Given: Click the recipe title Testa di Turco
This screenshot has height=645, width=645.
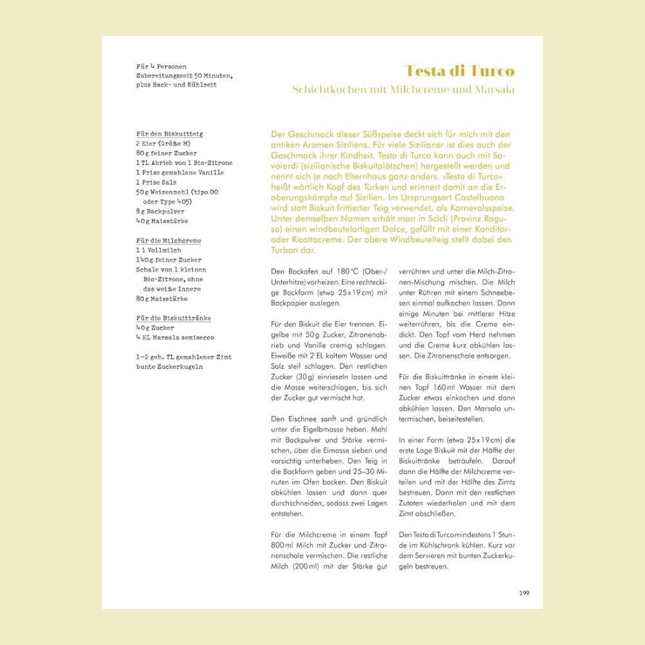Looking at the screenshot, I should [x=459, y=71].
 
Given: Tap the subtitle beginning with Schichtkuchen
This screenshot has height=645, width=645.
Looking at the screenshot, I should [x=403, y=90].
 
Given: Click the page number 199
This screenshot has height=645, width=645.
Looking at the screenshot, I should [x=524, y=593].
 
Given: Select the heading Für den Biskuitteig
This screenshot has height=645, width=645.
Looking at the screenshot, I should [x=170, y=134].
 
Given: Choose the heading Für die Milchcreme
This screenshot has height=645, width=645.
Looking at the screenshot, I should [x=168, y=241].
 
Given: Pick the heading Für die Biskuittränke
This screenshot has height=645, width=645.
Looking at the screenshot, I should [x=174, y=318].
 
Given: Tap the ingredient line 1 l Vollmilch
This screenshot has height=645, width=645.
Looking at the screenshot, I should [x=159, y=250].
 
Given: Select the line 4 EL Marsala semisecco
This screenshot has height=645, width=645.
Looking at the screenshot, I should [x=175, y=337].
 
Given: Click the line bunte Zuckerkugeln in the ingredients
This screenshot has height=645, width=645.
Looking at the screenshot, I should [x=170, y=366].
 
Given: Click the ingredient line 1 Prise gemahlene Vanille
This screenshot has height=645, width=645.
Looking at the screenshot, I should [x=180, y=173].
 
